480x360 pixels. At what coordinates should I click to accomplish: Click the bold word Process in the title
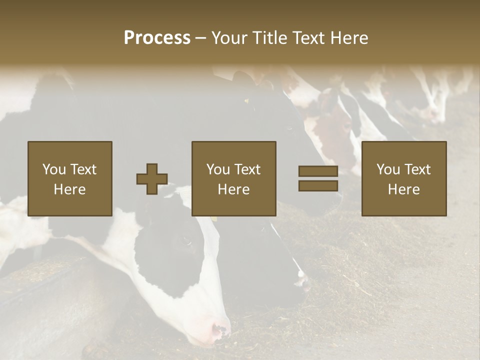pos(157,37)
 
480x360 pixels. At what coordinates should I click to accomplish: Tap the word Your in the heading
pos(228,37)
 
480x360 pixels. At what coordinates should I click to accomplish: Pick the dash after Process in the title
pos(201,38)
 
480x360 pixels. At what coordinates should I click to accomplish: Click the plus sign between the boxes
pos(152,179)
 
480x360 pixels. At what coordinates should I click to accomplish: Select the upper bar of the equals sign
pos(318,171)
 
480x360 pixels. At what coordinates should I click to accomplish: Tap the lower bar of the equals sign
pos(318,186)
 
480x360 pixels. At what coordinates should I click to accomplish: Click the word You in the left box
pos(53,169)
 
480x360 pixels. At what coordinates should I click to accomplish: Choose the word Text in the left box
pos(83,169)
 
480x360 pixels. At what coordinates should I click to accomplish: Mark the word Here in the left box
pos(69,189)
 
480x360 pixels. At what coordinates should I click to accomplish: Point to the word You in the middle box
pos(218,169)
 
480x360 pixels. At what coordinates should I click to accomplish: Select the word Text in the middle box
pos(247,169)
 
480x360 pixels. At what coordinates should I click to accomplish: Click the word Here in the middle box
pos(233,189)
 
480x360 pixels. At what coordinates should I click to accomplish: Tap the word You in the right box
pos(388,169)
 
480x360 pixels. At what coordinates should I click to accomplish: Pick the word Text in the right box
pos(417,169)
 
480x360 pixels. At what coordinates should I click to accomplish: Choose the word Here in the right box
pos(403,189)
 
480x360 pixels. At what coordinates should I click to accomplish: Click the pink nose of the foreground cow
pos(220,330)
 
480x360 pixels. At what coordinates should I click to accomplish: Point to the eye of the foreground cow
pos(187,240)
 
